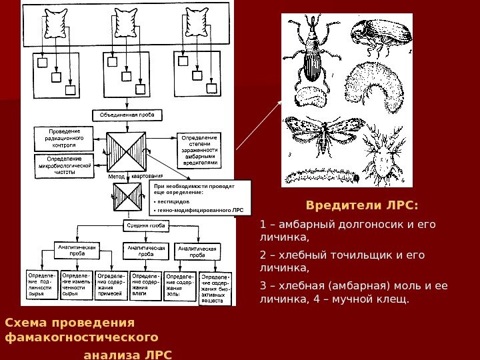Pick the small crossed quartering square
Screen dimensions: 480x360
[127, 196]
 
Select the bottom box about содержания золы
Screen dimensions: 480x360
[180, 285]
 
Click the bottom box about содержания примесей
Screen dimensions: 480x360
[111, 285]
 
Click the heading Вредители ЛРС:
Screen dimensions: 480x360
[363, 203]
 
